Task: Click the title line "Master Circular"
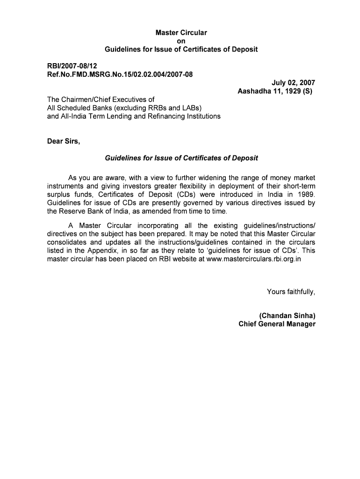pyautogui.click(x=181, y=33)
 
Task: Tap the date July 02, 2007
pyautogui.click(x=294, y=82)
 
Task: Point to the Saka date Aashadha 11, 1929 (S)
pyautogui.click(x=277, y=91)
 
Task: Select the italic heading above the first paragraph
pyautogui.click(x=181, y=158)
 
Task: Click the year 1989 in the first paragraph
pyautogui.click(x=306, y=194)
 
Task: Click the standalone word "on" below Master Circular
pyautogui.click(x=181, y=41)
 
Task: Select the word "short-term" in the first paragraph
pyautogui.click(x=297, y=186)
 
